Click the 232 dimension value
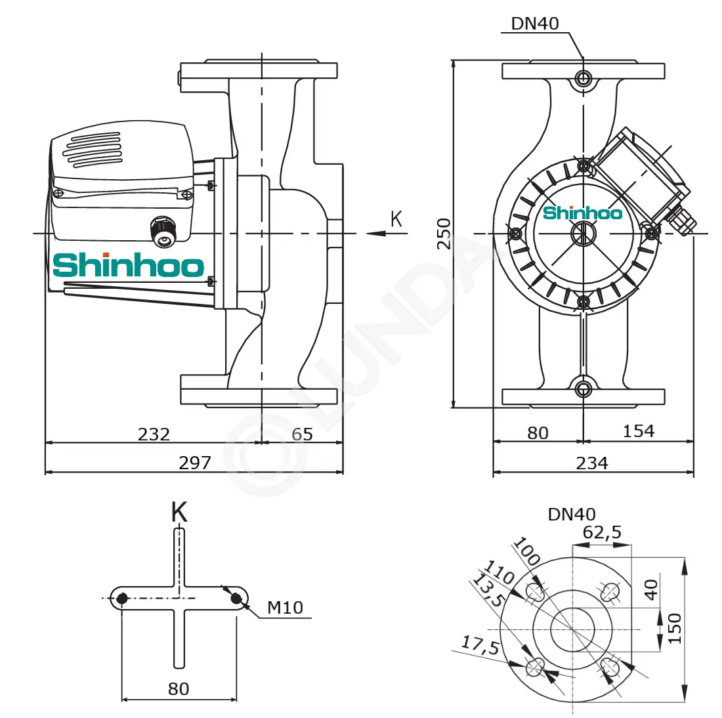tap(154, 434)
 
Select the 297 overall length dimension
tap(195, 463)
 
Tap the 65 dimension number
tap(303, 434)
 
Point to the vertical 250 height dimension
tap(444, 234)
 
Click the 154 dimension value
tap(639, 431)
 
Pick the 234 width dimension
tap(592, 463)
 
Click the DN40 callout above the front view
tap(535, 24)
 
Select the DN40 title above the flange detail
tap(572, 514)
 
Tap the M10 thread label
tap(286, 608)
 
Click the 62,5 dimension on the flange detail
tap(603, 532)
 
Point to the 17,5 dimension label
tap(480, 644)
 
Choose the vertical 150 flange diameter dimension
tap(674, 628)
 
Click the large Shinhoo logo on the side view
tap(129, 264)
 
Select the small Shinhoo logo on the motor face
tap(582, 213)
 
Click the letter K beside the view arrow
tap(396, 219)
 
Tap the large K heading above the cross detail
tap(179, 512)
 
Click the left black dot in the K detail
tap(122, 599)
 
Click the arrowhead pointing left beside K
tap(376, 234)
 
